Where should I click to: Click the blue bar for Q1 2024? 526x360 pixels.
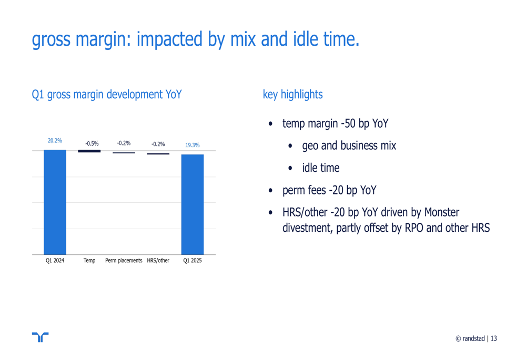click(x=55, y=202)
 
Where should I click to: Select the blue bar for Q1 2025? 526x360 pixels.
click(x=193, y=204)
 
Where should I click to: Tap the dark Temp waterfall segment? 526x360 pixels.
click(x=89, y=151)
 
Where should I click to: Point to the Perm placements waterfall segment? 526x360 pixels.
click(x=124, y=153)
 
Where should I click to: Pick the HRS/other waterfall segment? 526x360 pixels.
click(x=158, y=154)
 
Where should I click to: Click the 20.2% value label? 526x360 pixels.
click(x=55, y=140)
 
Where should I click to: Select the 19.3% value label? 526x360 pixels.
click(x=193, y=145)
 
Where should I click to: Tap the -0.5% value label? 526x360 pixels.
click(x=92, y=143)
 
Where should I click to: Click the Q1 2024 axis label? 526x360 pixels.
click(x=55, y=261)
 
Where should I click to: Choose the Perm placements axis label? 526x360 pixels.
click(x=124, y=261)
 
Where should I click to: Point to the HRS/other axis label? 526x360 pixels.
click(x=158, y=261)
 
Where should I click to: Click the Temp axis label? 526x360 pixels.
click(x=89, y=261)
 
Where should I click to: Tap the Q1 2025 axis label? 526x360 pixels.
click(x=193, y=261)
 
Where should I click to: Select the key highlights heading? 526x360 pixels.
click(x=292, y=95)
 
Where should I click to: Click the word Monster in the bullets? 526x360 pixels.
click(x=442, y=212)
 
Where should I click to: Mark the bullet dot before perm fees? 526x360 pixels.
click(x=271, y=190)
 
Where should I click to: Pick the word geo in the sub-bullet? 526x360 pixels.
click(x=310, y=146)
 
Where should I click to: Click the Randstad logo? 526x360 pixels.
click(x=41, y=337)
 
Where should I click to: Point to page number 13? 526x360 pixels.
click(x=494, y=338)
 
